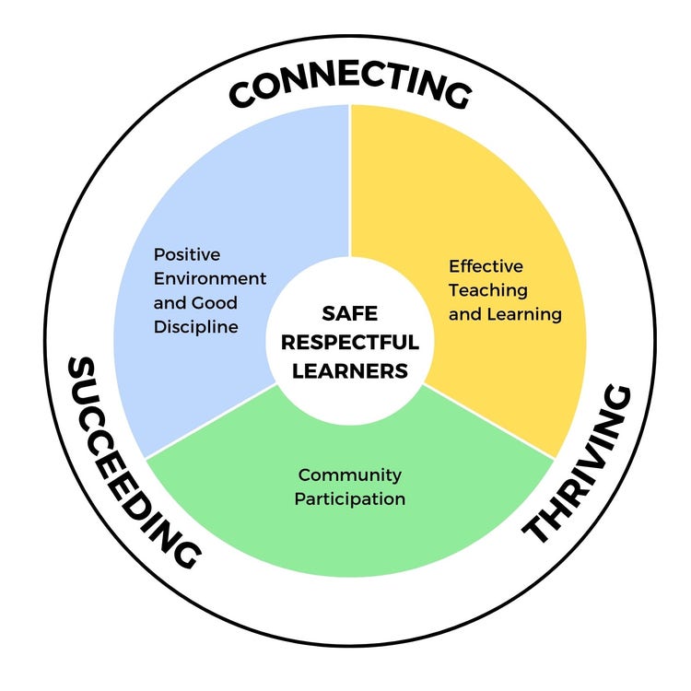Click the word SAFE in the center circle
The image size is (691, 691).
point(349,313)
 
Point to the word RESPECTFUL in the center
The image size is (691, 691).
point(349,342)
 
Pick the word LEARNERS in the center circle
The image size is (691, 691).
point(349,371)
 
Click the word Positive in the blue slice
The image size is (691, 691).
point(187,254)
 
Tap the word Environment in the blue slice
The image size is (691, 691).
point(210,278)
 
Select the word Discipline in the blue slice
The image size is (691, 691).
point(196,327)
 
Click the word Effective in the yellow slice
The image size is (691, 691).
point(486,266)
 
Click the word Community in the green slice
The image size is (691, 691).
point(349,475)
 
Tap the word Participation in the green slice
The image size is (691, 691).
point(351,499)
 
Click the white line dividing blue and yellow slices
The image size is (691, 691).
point(349,184)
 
